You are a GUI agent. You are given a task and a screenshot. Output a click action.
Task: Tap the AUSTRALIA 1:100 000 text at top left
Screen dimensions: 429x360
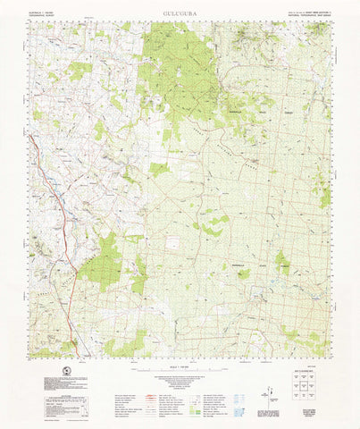pos(45,10)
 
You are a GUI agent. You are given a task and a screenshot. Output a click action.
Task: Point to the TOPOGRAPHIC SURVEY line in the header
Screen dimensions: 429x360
pos(44,14)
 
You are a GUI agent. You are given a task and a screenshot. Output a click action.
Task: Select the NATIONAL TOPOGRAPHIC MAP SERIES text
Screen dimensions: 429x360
pos(312,14)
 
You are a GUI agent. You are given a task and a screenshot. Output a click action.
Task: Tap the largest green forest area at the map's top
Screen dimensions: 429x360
pos(179,63)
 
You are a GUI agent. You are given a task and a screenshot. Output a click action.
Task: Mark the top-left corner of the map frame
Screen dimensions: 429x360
pos(30,22)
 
